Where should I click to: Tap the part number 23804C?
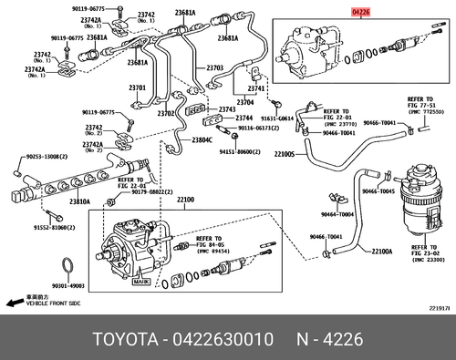(202, 139)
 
